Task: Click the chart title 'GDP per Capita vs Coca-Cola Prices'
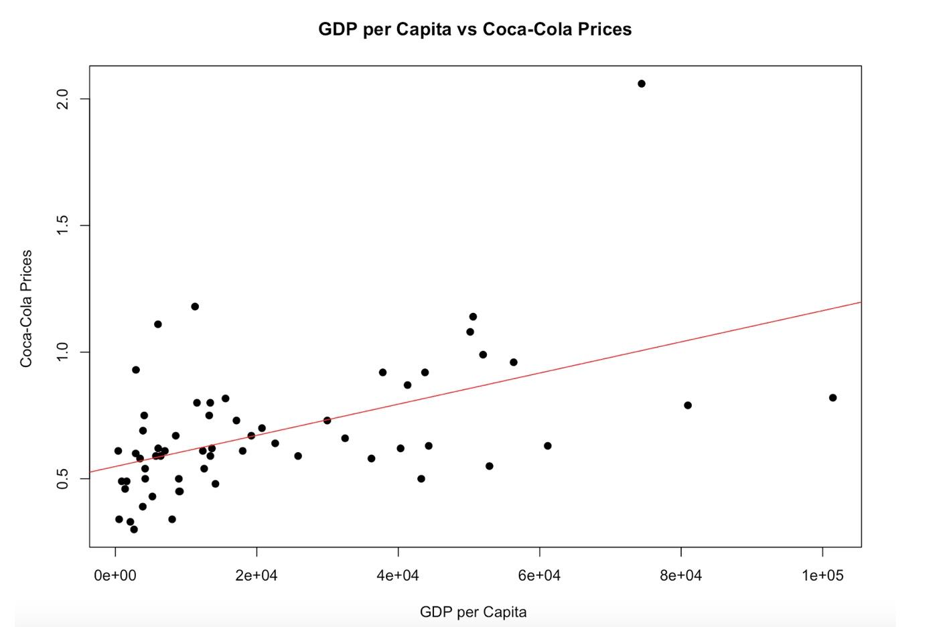point(474,29)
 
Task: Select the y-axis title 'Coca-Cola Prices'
point(26,308)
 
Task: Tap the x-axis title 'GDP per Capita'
point(473,612)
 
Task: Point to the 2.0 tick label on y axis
point(64,99)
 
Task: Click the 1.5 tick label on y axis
point(64,226)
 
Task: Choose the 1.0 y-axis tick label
point(64,352)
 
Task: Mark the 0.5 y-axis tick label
point(64,478)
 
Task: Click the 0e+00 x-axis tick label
point(115,575)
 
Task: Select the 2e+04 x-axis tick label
point(257,575)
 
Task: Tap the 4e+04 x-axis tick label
point(398,575)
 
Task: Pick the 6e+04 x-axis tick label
point(539,575)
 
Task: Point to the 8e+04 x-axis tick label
point(680,575)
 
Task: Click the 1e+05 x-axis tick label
point(822,575)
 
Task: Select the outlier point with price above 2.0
point(642,84)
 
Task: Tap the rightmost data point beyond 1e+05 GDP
point(833,398)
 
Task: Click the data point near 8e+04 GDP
point(688,405)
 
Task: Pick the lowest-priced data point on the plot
point(134,529)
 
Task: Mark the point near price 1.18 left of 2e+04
point(195,307)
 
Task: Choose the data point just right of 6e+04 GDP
point(548,445)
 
